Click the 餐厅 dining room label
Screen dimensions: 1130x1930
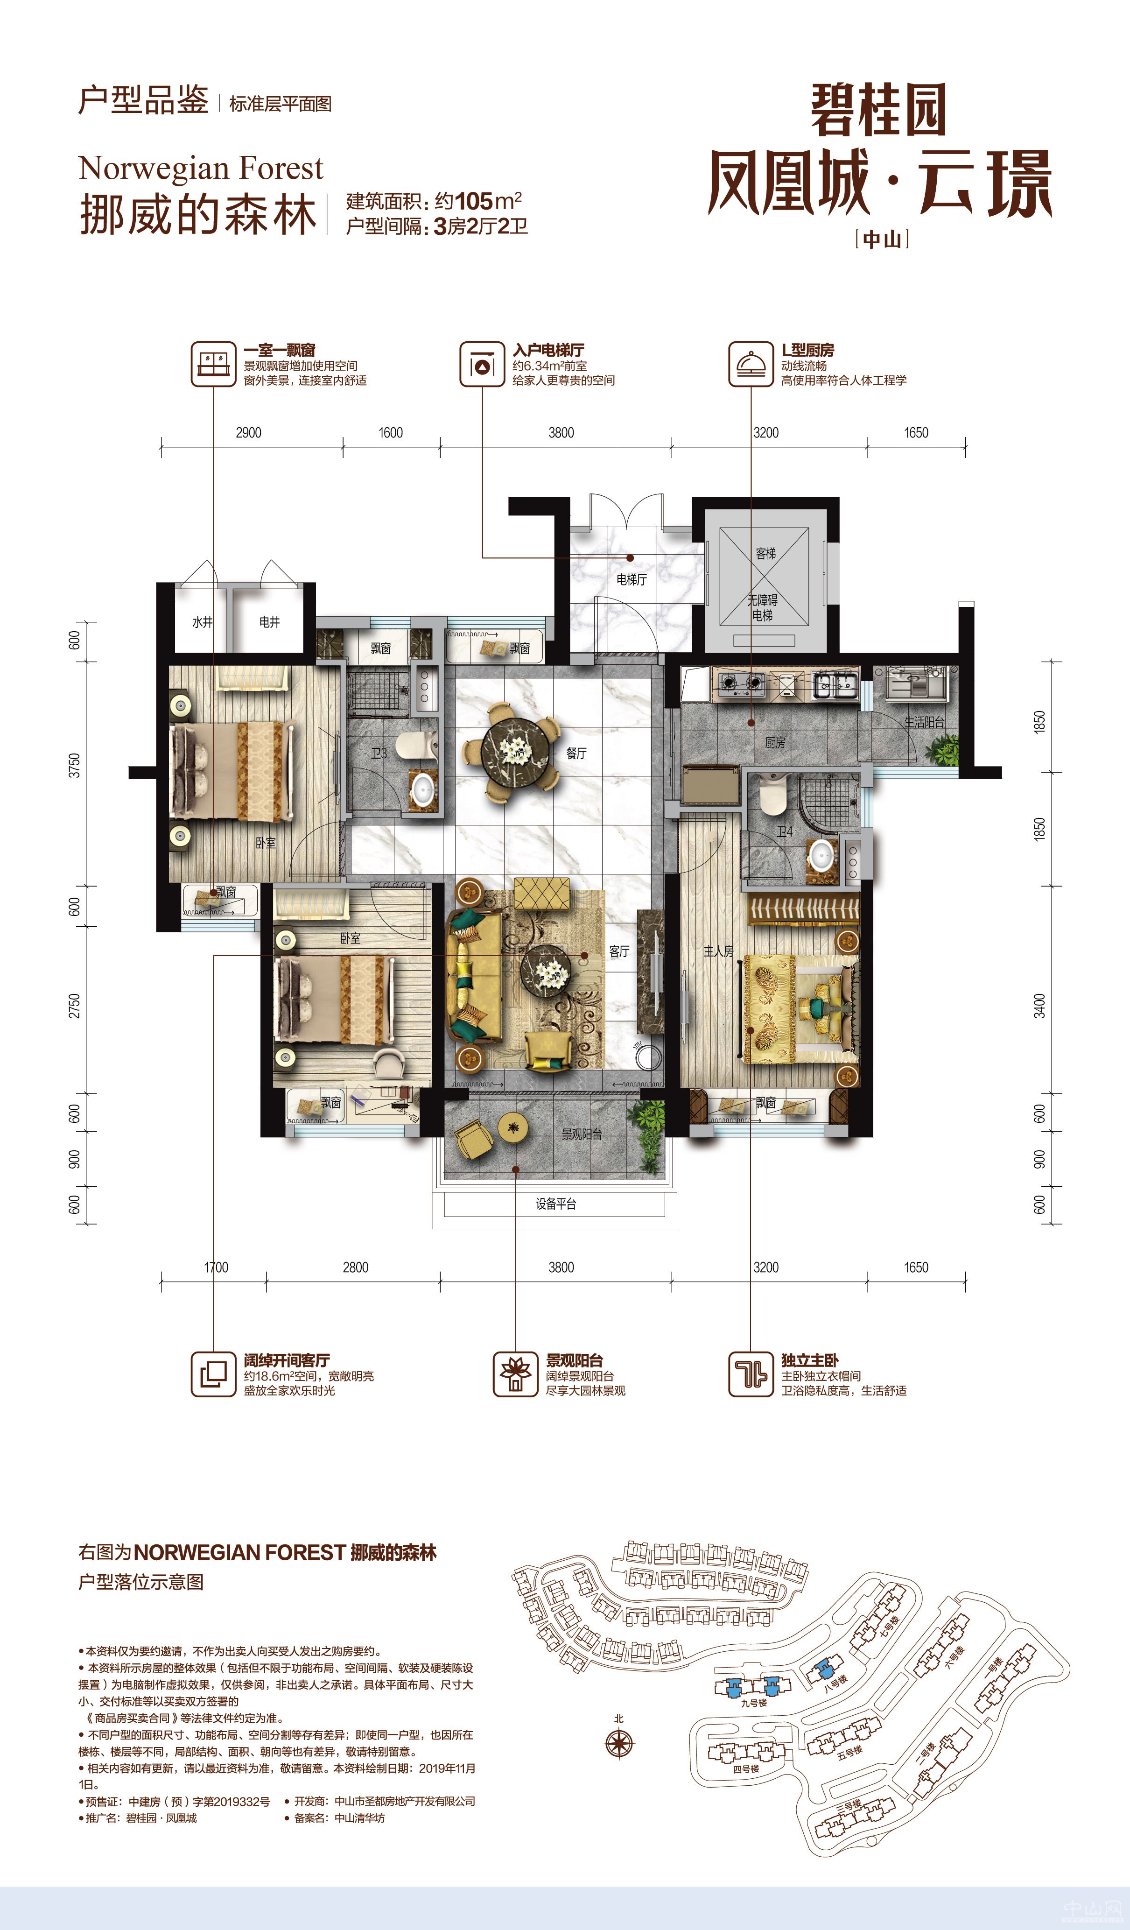pos(576,754)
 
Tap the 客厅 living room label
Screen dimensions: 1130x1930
pos(619,951)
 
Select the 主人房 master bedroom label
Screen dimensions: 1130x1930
pos(718,951)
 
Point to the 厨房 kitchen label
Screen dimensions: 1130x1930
pos(775,742)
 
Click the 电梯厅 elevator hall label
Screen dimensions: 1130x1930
pos(632,580)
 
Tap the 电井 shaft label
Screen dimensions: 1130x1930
pos(269,622)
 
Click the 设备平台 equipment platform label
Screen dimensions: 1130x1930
pos(556,1204)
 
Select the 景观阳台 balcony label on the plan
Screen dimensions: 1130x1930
pos(582,1134)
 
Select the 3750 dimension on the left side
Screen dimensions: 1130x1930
pos(74,765)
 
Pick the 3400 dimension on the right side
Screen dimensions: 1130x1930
pos(1039,1006)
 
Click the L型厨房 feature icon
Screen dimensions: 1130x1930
pos(750,364)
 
